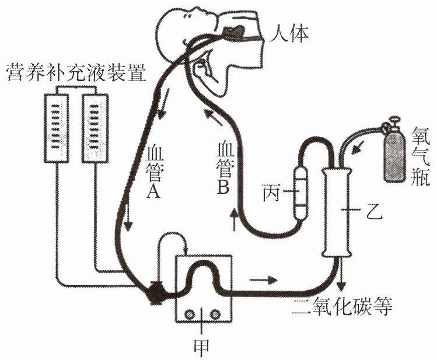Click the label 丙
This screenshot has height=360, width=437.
tap(271, 193)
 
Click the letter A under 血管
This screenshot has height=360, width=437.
tap(153, 191)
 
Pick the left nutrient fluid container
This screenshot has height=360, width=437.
tap(57, 128)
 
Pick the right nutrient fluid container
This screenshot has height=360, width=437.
tap(95, 128)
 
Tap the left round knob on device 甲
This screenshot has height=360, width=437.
tap(190, 314)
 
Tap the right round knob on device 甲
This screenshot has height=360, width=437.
tap(215, 314)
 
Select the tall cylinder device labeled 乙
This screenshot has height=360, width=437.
tap(337, 212)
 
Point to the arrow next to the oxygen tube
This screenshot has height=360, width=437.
tap(356, 148)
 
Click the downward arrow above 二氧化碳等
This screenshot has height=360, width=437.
tap(341, 274)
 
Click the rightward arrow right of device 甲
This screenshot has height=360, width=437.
tap(263, 279)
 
